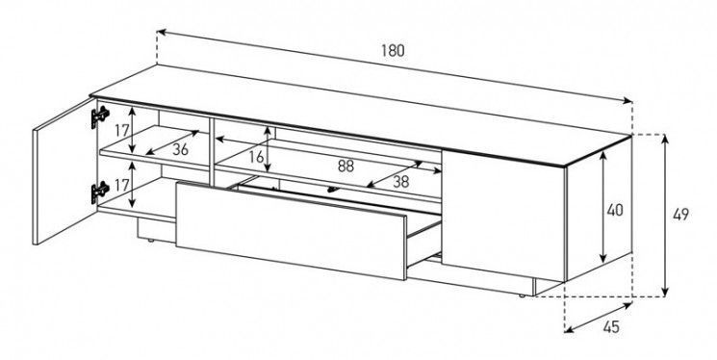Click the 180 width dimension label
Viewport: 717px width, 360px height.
pyautogui.click(x=393, y=50)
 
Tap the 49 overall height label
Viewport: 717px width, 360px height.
pyautogui.click(x=680, y=215)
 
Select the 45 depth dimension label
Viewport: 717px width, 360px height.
pyautogui.click(x=611, y=326)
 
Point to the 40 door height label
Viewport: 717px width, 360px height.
pyautogui.click(x=615, y=210)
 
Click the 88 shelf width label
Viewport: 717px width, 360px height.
pyautogui.click(x=346, y=167)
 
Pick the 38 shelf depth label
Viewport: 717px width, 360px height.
pyautogui.click(x=401, y=182)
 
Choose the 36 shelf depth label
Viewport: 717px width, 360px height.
pyautogui.click(x=180, y=149)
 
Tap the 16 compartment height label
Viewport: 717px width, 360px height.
pyautogui.click(x=257, y=157)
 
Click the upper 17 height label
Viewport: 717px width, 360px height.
pyautogui.click(x=121, y=130)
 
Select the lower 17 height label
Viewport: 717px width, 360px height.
pyautogui.click(x=121, y=185)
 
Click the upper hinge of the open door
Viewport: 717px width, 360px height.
pyautogui.click(x=100, y=116)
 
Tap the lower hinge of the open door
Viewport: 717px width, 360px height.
pyautogui.click(x=100, y=192)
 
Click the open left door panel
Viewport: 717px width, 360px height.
pyautogui.click(x=64, y=171)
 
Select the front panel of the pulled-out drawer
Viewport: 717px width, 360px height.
pyautogui.click(x=291, y=230)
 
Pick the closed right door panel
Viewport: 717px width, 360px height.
pyautogui.click(x=503, y=215)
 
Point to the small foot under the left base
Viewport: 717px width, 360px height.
pyautogui.click(x=151, y=240)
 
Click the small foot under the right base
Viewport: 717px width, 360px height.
pyautogui.click(x=523, y=296)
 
